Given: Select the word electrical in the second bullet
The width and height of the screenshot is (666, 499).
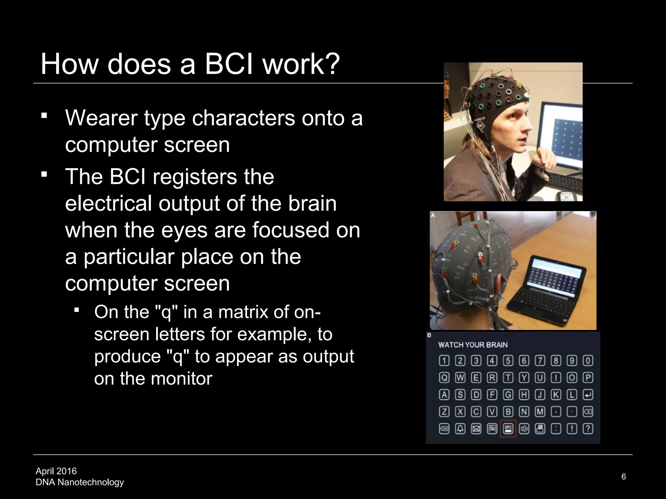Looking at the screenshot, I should click(x=108, y=203).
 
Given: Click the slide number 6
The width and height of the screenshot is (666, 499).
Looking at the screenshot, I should click(x=623, y=477).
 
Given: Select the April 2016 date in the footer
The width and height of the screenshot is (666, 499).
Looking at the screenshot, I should click(x=56, y=471).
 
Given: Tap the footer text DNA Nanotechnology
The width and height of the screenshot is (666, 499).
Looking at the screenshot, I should click(x=80, y=482).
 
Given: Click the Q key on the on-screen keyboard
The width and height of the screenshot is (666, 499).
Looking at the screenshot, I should click(x=444, y=377).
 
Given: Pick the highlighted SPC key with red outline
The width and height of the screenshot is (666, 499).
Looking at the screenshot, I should click(x=508, y=429).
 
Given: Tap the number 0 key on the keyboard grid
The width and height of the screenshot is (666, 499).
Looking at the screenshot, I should click(x=588, y=361).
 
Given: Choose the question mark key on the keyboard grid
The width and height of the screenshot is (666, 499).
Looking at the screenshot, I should click(x=588, y=429).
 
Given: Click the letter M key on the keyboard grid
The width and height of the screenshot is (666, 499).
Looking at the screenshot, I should click(x=540, y=412).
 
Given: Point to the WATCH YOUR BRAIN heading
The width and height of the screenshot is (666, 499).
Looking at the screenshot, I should click(x=473, y=345).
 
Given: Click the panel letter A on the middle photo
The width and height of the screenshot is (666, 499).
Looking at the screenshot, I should click(x=433, y=215).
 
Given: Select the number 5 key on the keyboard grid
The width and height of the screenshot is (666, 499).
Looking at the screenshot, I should click(x=508, y=361).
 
